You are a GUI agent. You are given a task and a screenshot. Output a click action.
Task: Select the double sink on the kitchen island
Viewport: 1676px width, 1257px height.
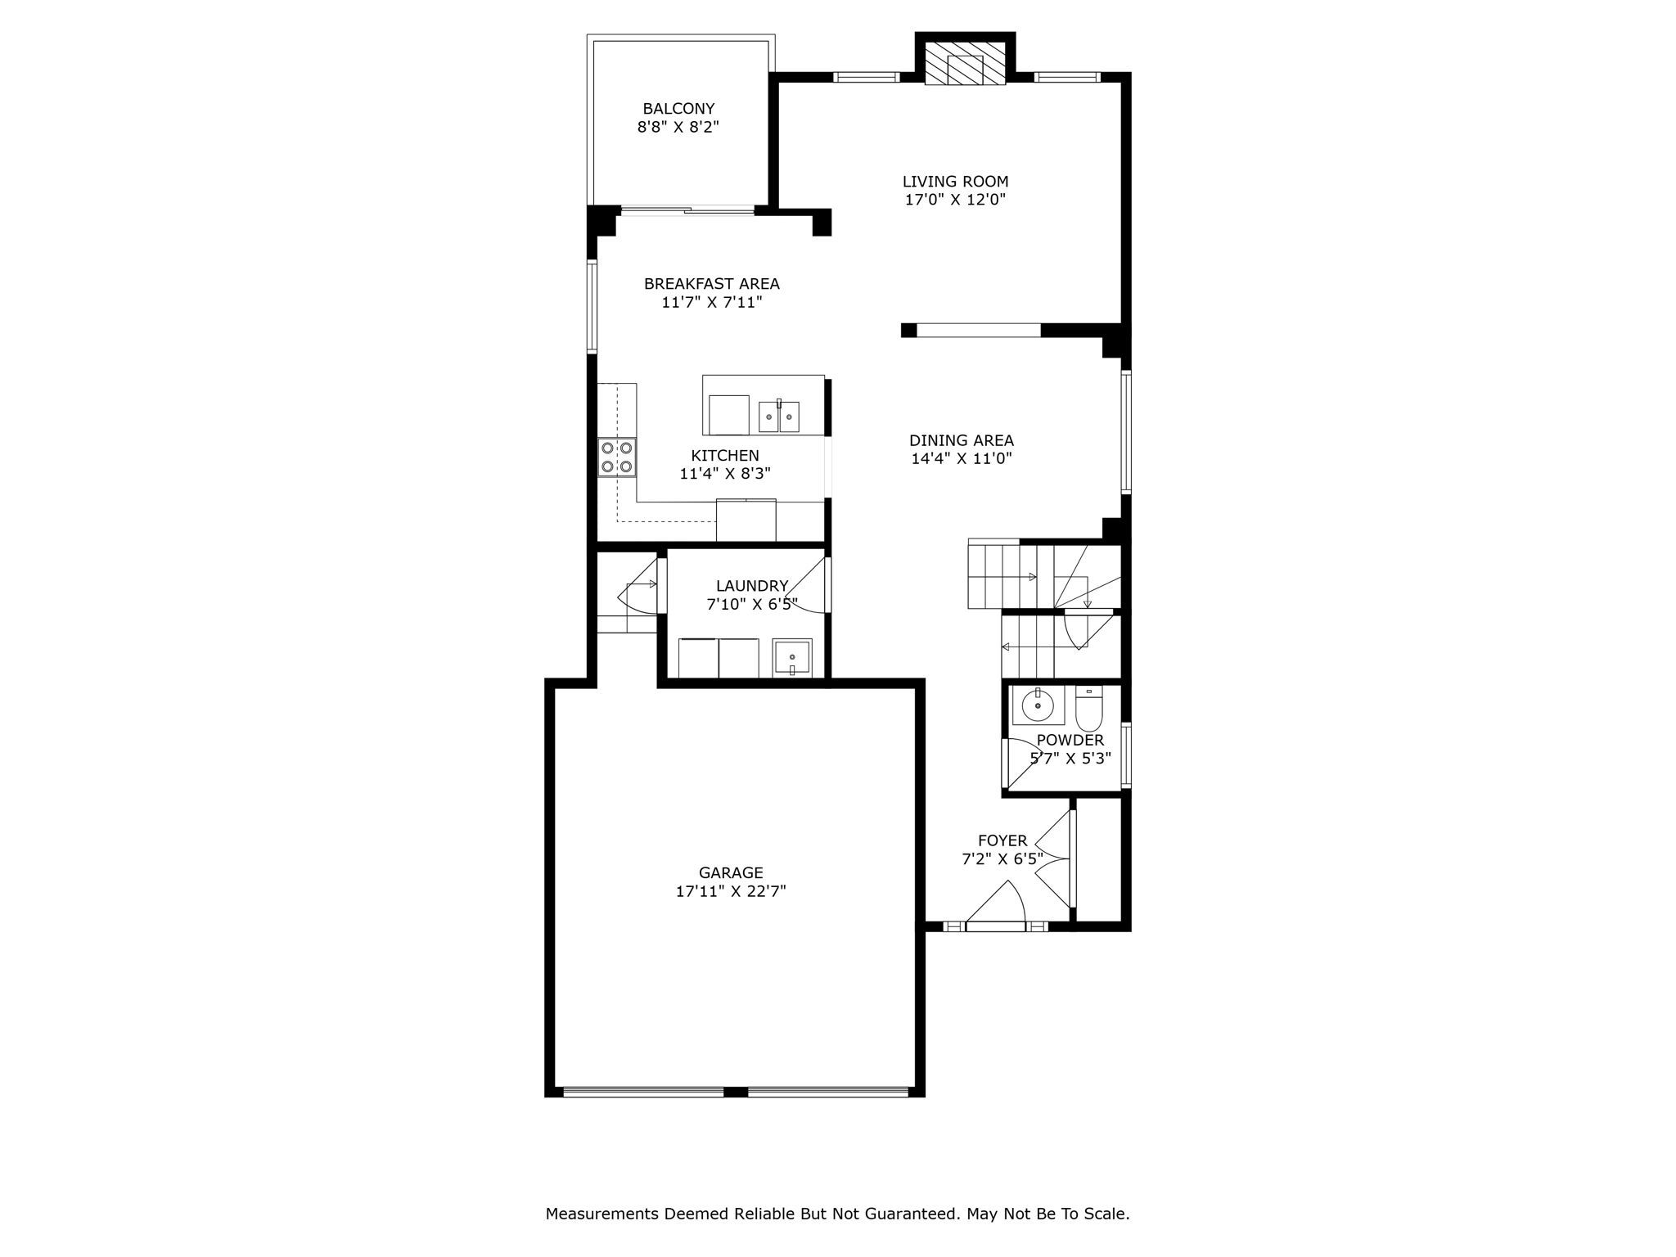pyautogui.click(x=778, y=417)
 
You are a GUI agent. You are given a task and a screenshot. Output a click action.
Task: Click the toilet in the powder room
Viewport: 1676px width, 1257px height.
pyautogui.click(x=1089, y=709)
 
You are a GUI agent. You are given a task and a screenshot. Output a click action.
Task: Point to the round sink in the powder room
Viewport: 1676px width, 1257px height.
pyautogui.click(x=1038, y=705)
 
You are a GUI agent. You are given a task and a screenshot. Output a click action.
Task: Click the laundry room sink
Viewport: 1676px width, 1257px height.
pyautogui.click(x=792, y=658)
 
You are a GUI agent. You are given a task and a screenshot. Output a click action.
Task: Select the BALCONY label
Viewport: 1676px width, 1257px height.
pyautogui.click(x=678, y=109)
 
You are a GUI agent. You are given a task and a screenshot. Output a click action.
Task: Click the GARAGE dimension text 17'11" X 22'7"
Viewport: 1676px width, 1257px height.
pyautogui.click(x=731, y=891)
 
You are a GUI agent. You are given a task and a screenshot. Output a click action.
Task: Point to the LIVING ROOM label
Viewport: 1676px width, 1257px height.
pyautogui.click(x=955, y=182)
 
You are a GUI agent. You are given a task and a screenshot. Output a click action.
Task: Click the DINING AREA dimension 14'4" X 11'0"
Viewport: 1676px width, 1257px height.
pyautogui.click(x=962, y=458)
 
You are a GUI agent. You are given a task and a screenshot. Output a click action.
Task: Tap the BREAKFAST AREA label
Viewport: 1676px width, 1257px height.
pyautogui.click(x=711, y=284)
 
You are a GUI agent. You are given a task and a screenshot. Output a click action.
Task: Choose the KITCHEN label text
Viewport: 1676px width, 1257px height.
pyautogui.click(x=725, y=456)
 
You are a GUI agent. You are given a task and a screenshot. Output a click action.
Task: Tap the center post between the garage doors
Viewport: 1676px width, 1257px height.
pyautogui.click(x=736, y=1092)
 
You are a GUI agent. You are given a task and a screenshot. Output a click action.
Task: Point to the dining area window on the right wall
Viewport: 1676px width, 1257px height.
pyautogui.click(x=1126, y=432)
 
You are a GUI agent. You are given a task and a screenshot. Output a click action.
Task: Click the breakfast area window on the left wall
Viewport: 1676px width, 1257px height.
pyautogui.click(x=592, y=306)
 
